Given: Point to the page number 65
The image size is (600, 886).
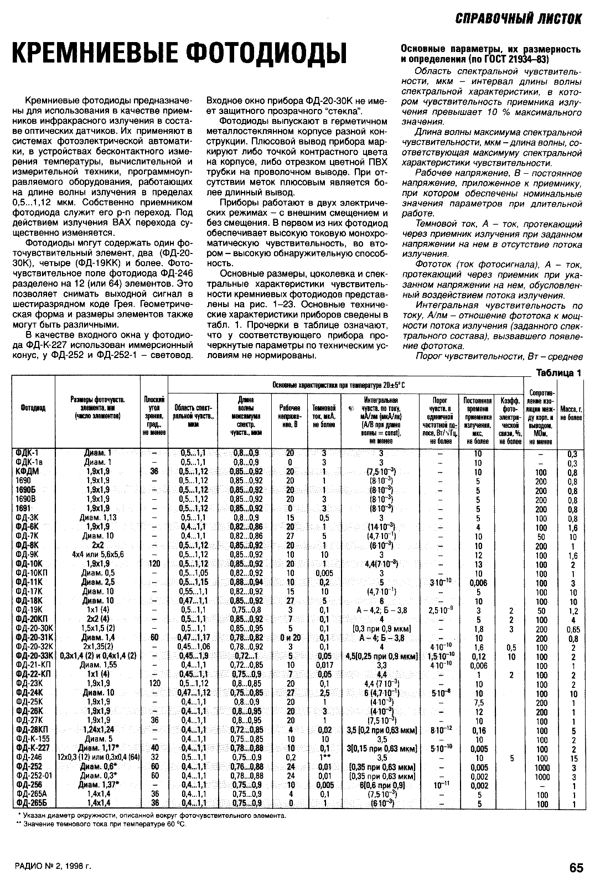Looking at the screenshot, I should pos(576,868).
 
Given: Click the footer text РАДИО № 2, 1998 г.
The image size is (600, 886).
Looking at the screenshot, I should pos(53,867).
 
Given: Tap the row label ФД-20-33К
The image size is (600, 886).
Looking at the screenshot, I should pos(35,657).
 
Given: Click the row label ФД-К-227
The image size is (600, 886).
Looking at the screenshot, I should pos(33,749).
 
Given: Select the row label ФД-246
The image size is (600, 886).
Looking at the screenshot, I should pos(29,758).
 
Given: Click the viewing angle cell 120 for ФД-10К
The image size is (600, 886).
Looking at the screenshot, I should pos(154,564).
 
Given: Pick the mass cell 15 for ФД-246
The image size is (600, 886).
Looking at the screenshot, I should pos(573,758).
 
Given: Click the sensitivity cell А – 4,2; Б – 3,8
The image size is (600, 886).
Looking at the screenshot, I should pos(381,610).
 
